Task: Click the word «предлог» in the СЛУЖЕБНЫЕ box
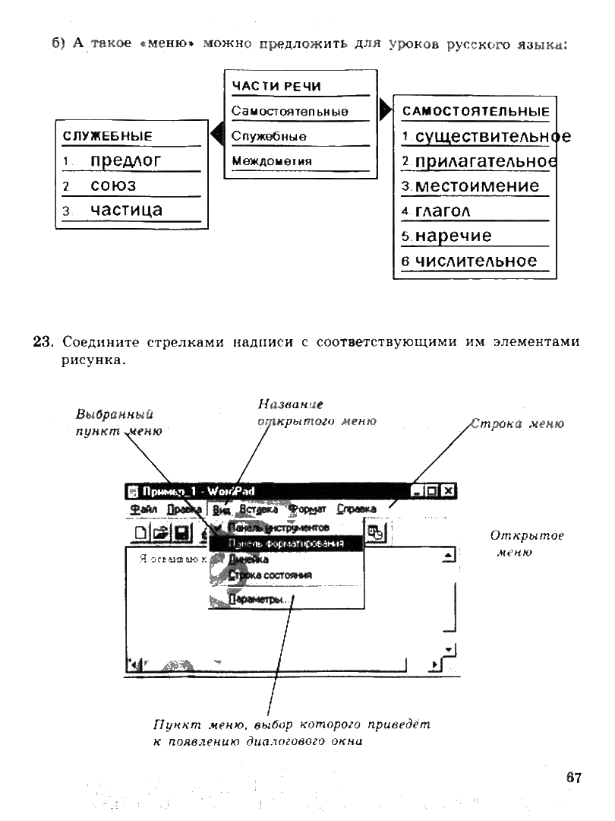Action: [x=125, y=160]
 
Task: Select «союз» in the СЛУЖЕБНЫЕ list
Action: [x=113, y=185]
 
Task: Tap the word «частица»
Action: [x=126, y=209]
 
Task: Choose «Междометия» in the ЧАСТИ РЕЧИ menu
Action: [x=271, y=160]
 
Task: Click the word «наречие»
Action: [x=453, y=236]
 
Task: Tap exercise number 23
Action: [x=42, y=342]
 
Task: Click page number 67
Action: [x=573, y=778]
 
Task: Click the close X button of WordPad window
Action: [x=448, y=491]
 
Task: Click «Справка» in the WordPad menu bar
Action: [x=356, y=509]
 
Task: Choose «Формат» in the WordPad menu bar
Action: [x=307, y=509]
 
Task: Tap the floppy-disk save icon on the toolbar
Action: [x=181, y=533]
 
